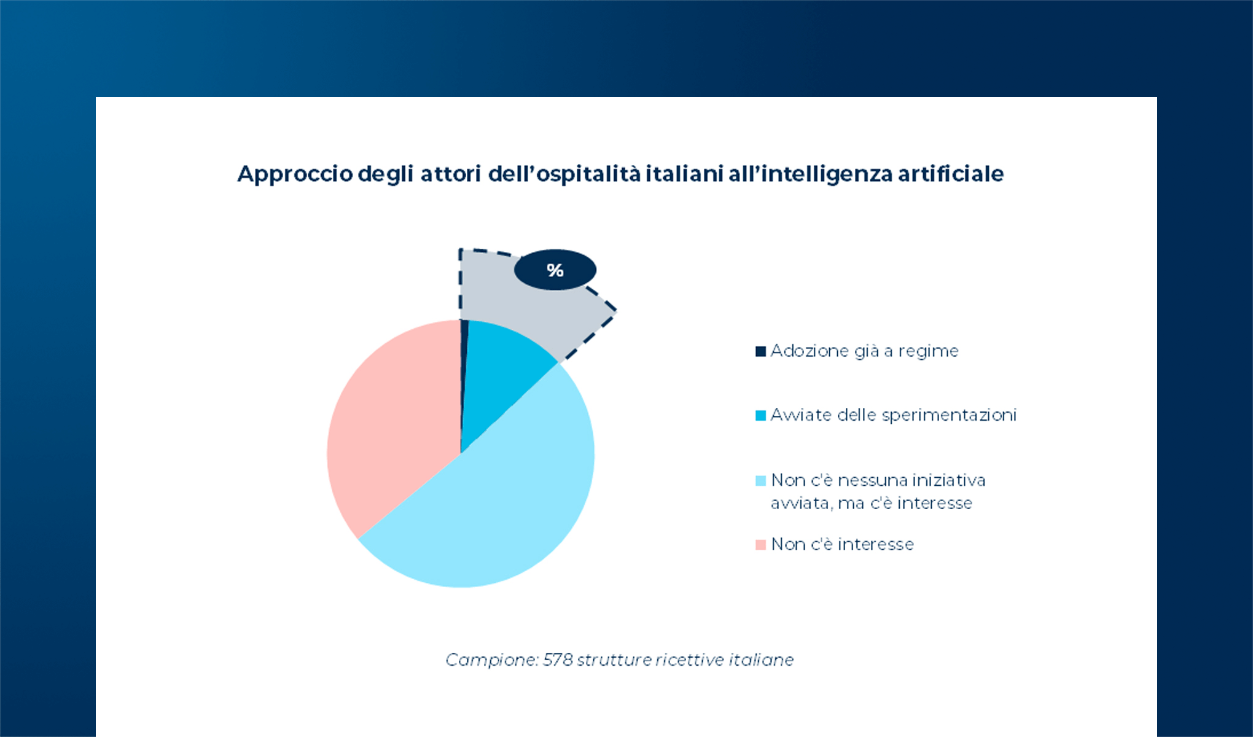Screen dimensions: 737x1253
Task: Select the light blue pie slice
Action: point(491,510)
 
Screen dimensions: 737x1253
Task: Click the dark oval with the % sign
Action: point(555,270)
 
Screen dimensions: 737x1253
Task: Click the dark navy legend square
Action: point(760,351)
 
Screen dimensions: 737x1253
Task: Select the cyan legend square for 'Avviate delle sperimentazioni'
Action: point(760,416)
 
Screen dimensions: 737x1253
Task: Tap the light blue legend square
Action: point(760,480)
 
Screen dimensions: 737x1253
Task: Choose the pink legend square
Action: point(760,545)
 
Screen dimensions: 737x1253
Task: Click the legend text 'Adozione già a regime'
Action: point(864,351)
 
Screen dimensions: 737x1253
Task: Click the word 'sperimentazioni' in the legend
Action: point(949,416)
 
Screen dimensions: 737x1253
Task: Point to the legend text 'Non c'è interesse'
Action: point(842,544)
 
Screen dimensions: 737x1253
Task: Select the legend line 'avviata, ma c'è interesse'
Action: point(871,504)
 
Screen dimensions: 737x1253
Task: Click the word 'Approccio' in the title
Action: point(295,174)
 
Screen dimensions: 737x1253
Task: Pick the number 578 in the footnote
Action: point(557,660)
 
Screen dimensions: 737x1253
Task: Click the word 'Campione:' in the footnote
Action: point(491,660)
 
